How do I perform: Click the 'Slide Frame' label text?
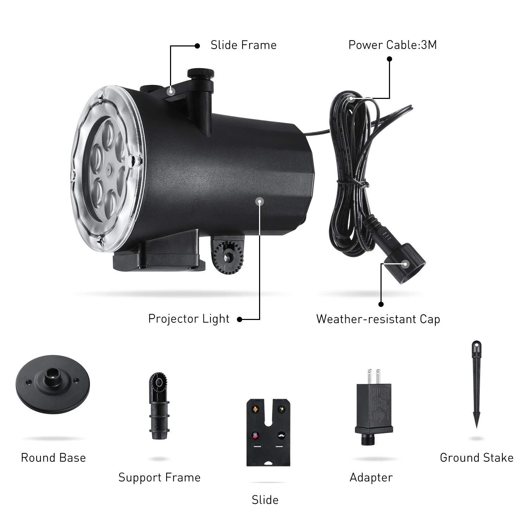click(243, 45)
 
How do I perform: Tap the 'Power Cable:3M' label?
click(392, 45)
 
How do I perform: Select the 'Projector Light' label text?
click(189, 319)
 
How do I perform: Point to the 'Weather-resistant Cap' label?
click(378, 319)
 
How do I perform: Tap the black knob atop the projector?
click(201, 74)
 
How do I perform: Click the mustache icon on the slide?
click(281, 435)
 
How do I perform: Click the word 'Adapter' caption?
click(371, 477)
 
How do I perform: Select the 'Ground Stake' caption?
click(477, 458)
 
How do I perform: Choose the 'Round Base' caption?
click(53, 458)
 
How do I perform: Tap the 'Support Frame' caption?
click(159, 477)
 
